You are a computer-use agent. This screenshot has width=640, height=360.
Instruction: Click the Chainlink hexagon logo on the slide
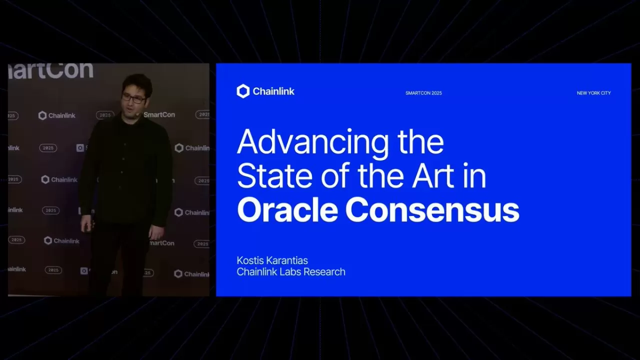[x=243, y=91]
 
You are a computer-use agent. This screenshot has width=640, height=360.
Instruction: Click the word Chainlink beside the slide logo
[x=273, y=91]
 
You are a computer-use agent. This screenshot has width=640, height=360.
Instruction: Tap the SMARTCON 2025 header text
[x=423, y=93]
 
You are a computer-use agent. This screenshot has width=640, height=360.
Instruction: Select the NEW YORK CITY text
[x=593, y=93]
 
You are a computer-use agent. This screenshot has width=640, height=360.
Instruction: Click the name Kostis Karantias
[x=272, y=260]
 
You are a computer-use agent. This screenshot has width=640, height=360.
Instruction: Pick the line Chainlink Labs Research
[x=290, y=272]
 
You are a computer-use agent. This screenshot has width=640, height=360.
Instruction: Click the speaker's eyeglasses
[x=134, y=98]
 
